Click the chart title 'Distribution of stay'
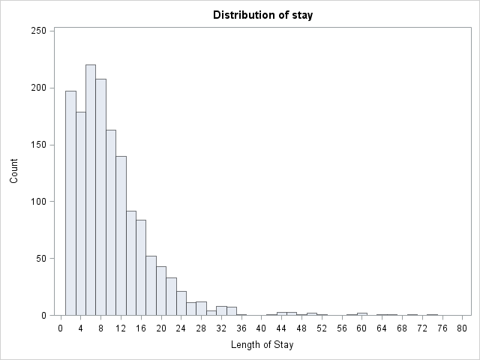pos(263,15)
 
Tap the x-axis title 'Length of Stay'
pos(262,345)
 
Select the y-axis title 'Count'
pos(13,171)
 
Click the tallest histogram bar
pos(91,190)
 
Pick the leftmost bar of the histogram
pos(70,203)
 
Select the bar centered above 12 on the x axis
pos(121,235)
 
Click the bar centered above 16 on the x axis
pos(141,268)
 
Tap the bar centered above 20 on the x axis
pos(161,291)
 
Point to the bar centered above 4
pos(81,214)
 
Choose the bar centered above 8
pos(100,197)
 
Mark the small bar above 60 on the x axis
pos(361,314)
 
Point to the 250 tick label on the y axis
pos(38,31)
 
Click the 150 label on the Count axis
pos(38,145)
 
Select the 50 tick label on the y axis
pos(41,258)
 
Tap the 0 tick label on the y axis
pos(43,315)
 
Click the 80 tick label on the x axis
pos(462,328)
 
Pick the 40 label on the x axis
pos(261,328)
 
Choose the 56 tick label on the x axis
pos(342,328)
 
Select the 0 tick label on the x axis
pos(61,328)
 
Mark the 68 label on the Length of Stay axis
pos(402,328)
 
